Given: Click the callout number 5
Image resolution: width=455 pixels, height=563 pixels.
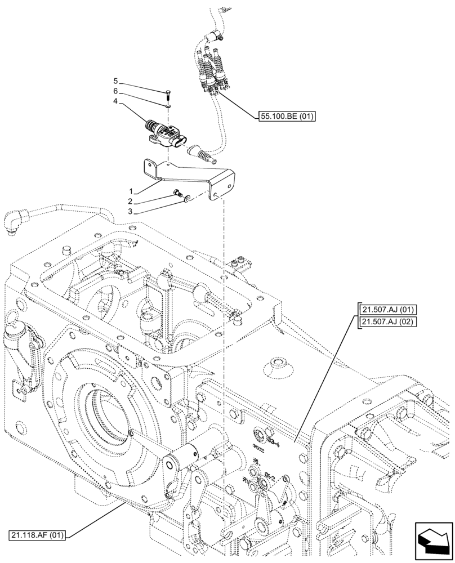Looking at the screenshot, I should (115, 81).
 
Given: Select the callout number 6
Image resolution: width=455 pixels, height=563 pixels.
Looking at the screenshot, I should (115, 91).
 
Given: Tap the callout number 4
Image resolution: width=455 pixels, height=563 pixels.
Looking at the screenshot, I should (115, 102).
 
